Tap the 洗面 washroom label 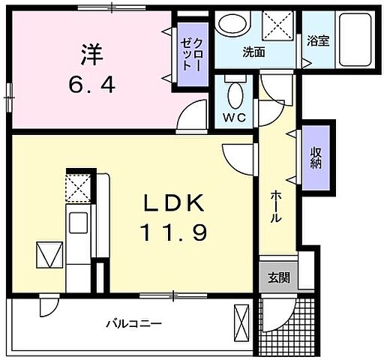point(253,52)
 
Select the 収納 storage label point(315,157)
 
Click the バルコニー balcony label point(133,324)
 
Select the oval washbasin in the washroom point(231,25)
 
